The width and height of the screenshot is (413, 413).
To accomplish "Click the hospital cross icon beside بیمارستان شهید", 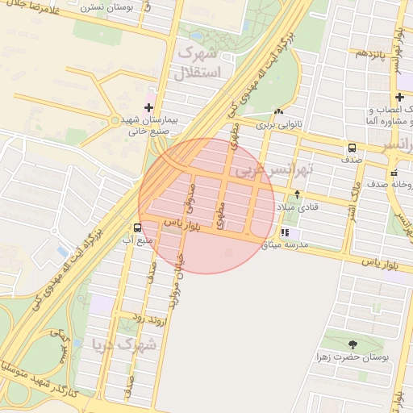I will click(x=148, y=107).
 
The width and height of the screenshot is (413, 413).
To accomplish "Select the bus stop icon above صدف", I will click(x=353, y=148).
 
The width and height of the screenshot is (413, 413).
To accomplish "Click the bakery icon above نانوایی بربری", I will click(x=278, y=112).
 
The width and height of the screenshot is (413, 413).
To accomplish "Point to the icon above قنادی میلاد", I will click(x=297, y=194).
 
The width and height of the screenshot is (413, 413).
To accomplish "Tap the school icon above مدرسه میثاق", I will click(x=284, y=233).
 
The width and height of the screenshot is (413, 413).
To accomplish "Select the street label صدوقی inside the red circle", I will click(x=189, y=194).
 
